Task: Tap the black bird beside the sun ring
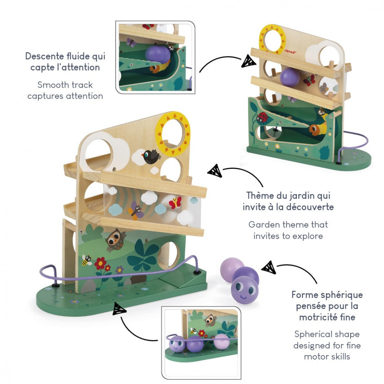[x=151, y=156]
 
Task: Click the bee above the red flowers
[x=86, y=260]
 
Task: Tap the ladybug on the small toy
[x=263, y=118]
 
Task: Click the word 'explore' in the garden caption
[x=306, y=236]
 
